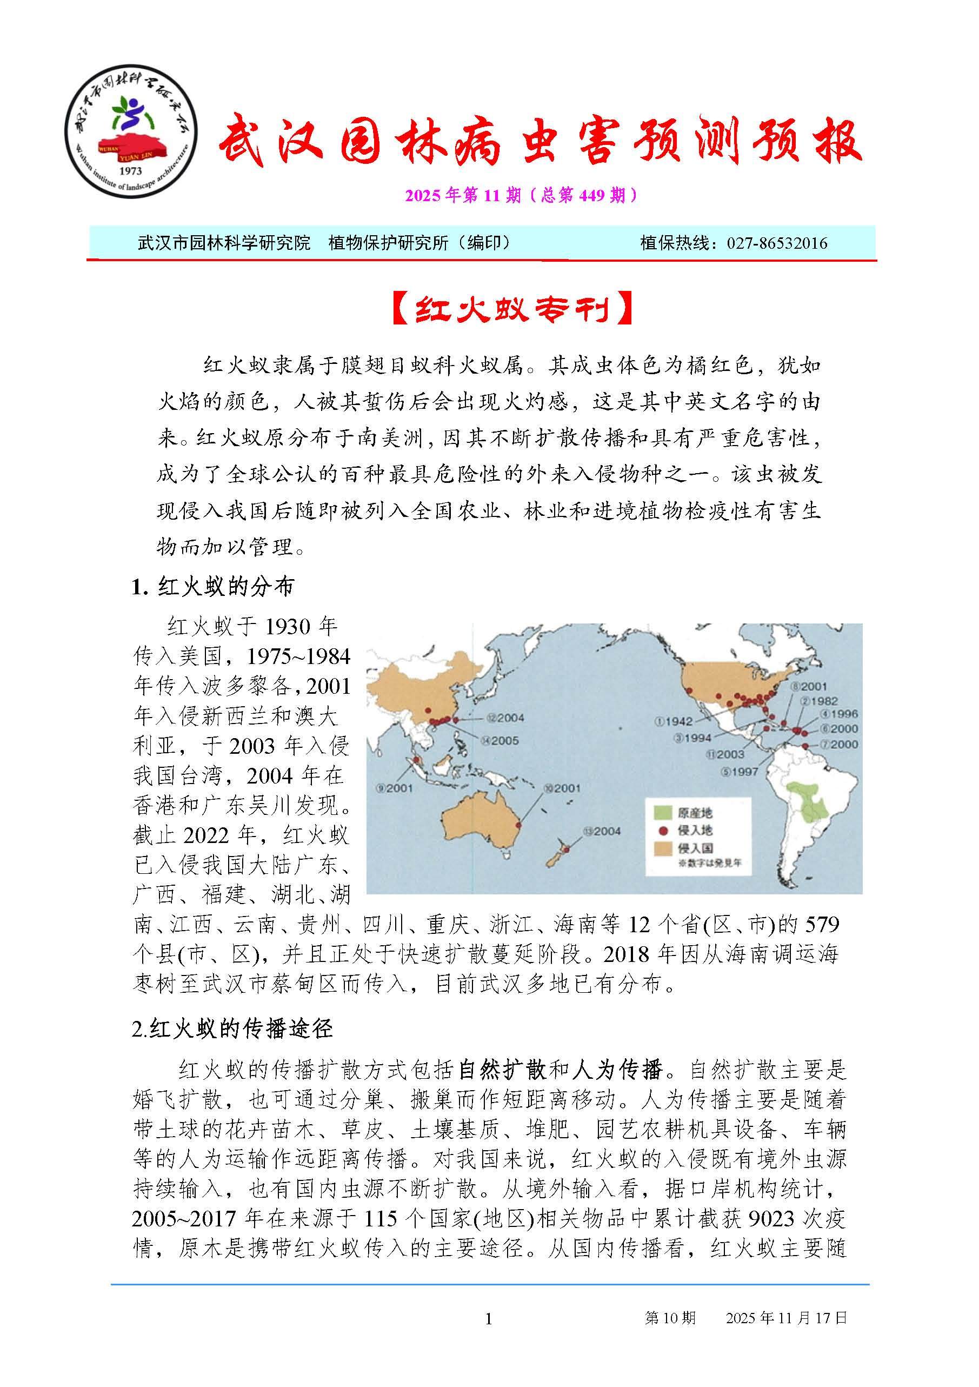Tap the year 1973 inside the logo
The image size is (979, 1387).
pyautogui.click(x=131, y=171)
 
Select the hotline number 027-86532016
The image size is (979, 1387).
pyautogui.click(x=777, y=243)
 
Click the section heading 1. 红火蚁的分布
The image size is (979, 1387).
pyautogui.click(x=213, y=587)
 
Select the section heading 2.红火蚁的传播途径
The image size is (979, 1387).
pyautogui.click(x=232, y=1028)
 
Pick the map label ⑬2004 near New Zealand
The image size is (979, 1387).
pyautogui.click(x=602, y=831)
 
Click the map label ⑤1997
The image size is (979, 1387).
pyautogui.click(x=738, y=772)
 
